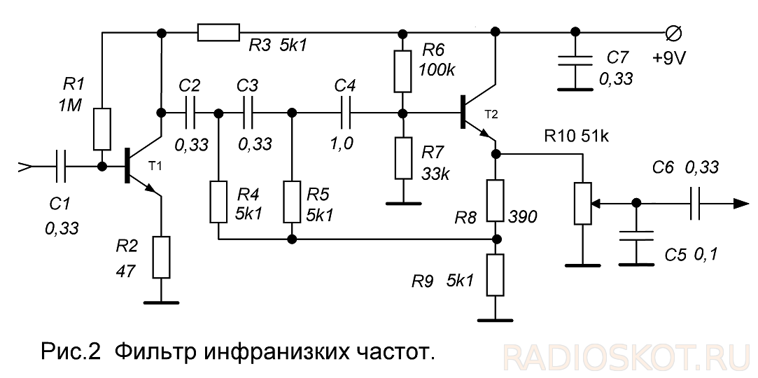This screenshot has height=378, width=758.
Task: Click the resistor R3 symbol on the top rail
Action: (219, 33)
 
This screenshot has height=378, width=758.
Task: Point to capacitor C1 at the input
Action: (61, 167)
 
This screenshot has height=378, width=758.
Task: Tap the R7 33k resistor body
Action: (402, 158)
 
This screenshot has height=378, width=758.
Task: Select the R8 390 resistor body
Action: (496, 199)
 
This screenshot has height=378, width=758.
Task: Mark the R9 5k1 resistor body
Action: (496, 274)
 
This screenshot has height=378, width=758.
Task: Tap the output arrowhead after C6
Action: (738, 204)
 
